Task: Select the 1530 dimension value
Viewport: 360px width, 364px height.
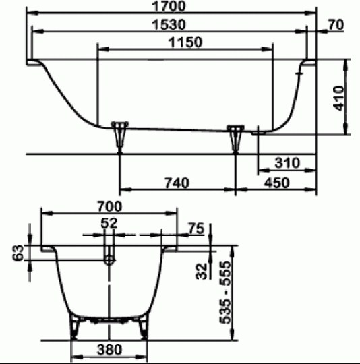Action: [169, 25]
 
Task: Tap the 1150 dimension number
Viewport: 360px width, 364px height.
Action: [185, 42]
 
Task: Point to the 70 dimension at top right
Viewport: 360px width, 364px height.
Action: [336, 26]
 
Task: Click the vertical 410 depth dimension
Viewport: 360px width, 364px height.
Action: [339, 98]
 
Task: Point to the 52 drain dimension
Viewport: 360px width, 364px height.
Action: [109, 223]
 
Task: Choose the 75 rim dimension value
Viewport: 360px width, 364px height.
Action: [196, 229]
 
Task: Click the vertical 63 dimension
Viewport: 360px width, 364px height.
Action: [18, 255]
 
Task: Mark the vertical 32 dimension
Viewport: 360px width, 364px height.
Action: [200, 271]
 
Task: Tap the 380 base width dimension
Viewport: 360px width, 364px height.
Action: [109, 350]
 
